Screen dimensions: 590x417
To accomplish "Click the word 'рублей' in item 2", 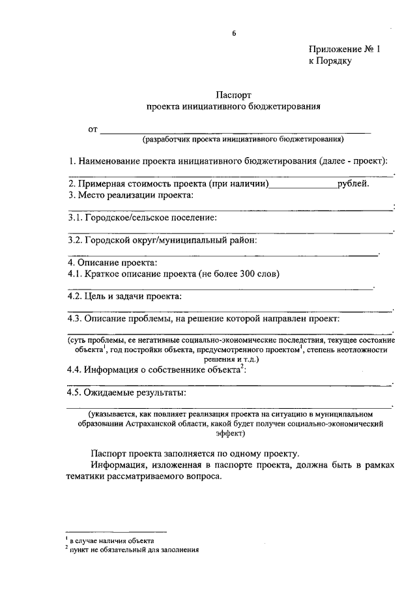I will click(x=352, y=183).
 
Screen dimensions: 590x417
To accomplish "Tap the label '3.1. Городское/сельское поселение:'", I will click(x=143, y=218).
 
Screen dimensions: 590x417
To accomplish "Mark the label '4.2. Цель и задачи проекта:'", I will click(x=125, y=297).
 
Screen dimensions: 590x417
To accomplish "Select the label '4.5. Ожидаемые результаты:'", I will click(x=127, y=392).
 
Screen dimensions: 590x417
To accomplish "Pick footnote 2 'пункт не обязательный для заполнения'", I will click(x=134, y=550).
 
